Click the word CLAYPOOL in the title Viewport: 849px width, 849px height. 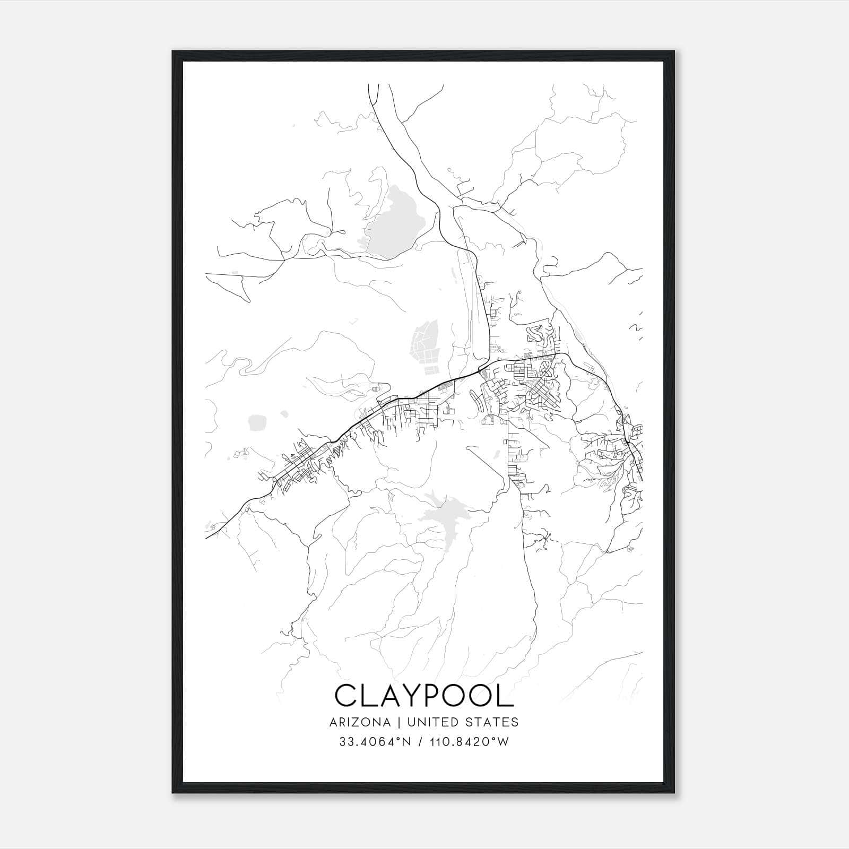point(424,696)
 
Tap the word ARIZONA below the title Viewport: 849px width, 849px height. point(360,722)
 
